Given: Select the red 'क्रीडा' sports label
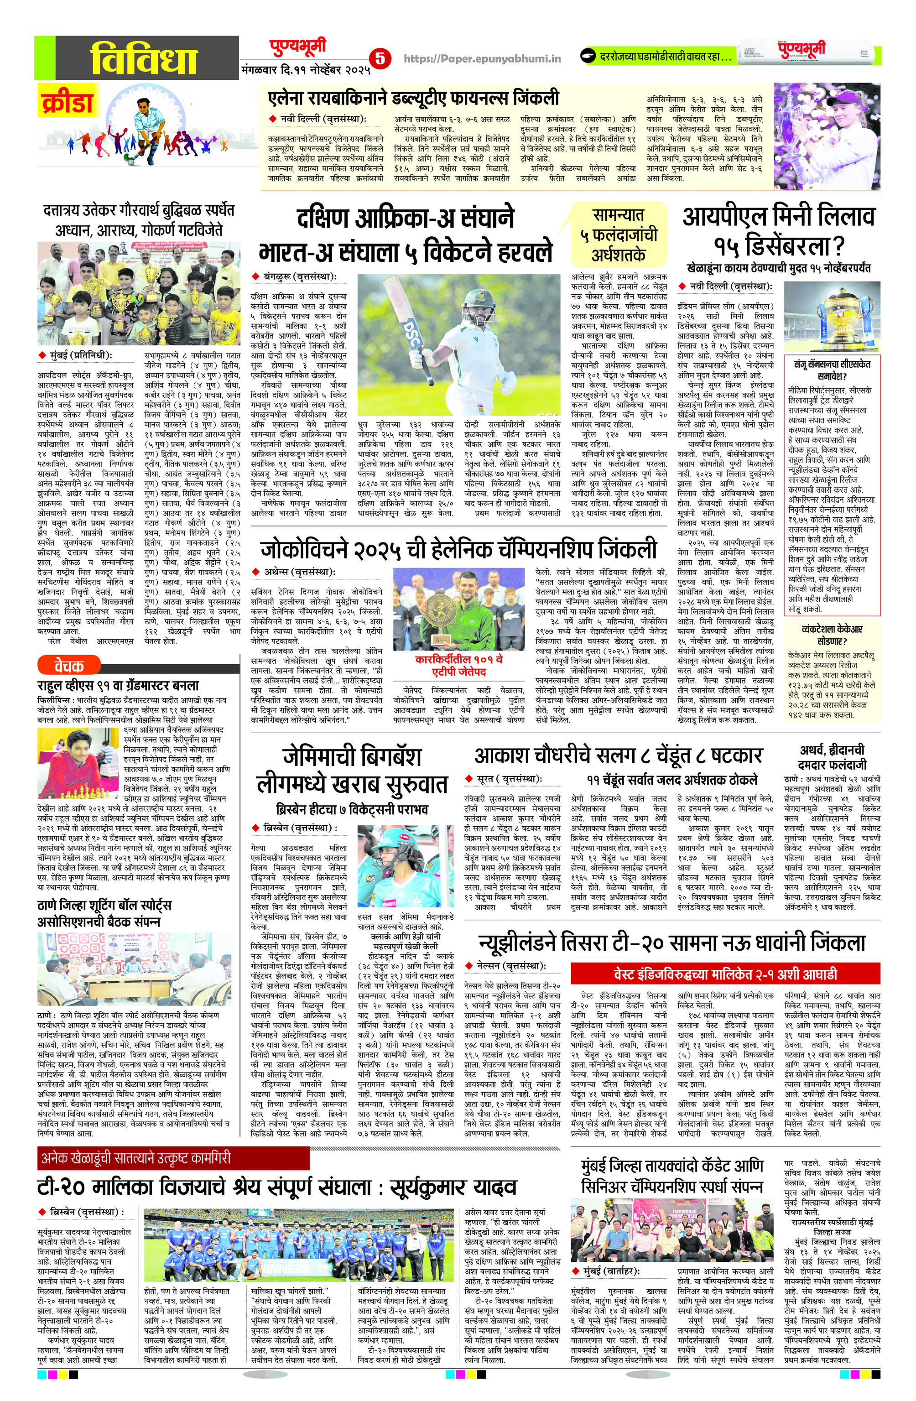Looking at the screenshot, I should [x=68, y=102].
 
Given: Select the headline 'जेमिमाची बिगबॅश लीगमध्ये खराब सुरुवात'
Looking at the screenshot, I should [x=352, y=770].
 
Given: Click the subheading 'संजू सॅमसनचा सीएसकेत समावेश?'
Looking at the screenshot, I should [x=831, y=369].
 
